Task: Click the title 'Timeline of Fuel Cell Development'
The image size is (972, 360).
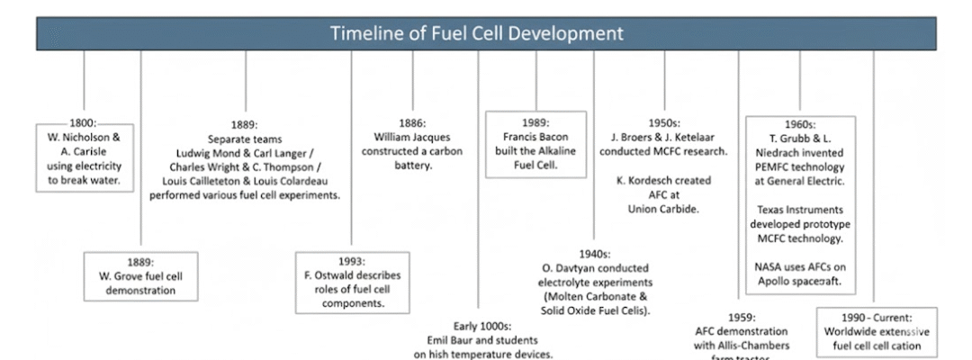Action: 477,35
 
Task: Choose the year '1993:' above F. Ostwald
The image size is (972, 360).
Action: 352,262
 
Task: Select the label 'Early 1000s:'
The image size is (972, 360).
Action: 483,327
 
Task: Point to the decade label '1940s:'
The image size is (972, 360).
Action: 595,255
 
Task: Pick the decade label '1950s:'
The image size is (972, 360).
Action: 663,123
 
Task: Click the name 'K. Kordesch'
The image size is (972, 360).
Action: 640,180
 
